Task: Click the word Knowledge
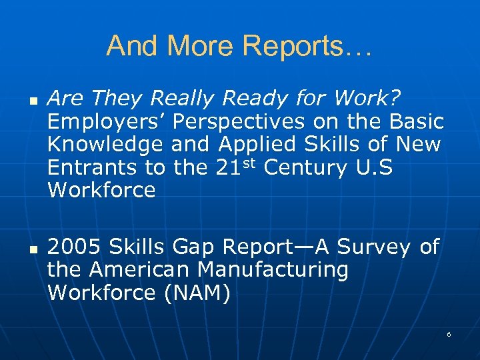point(105,144)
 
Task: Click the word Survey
point(373,247)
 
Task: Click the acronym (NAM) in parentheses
point(196,293)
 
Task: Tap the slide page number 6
point(449,333)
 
